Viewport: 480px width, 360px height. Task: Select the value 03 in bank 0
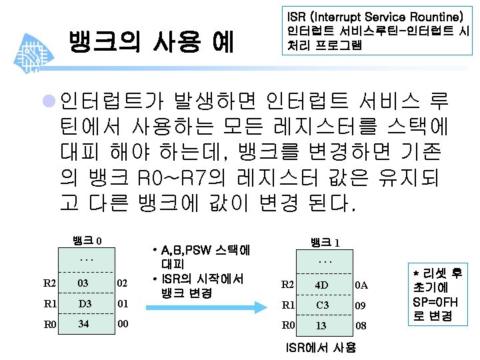[83, 283]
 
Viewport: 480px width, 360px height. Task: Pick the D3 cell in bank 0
[83, 305]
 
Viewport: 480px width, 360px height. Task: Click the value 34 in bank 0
[83, 325]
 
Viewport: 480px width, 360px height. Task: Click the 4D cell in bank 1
[321, 285]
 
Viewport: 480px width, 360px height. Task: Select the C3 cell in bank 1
[321, 305]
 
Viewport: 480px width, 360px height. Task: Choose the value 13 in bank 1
[321, 326]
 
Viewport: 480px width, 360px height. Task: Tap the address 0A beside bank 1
[361, 285]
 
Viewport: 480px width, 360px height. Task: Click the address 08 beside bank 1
[361, 326]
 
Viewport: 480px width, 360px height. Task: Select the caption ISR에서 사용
[320, 347]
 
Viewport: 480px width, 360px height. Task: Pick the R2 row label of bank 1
[288, 285]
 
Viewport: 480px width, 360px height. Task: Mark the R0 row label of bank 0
[50, 325]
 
